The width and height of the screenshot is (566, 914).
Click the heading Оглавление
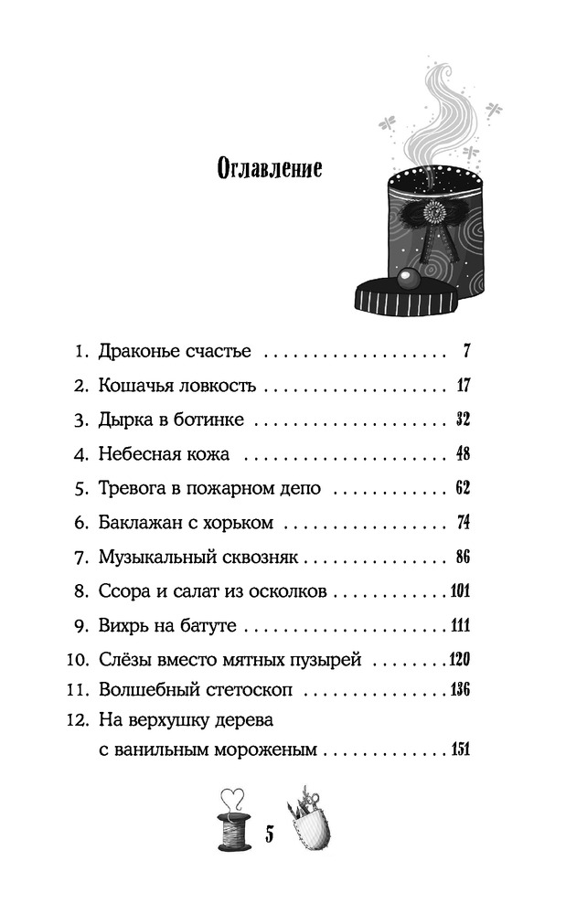pos(270,168)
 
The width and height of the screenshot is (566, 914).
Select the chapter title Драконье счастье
pos(175,351)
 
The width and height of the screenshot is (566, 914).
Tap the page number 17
pos(464,386)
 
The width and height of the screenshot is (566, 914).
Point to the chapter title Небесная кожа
pos(164,454)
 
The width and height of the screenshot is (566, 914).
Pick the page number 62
pos(463,488)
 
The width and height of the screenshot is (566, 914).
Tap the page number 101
pos(461,591)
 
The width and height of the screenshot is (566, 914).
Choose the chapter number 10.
pos(77,660)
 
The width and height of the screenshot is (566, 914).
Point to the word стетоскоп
pos(252,690)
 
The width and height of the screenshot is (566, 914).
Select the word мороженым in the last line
pos(266,749)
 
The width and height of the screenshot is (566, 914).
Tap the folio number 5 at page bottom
pos(270,834)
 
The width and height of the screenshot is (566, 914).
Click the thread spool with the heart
pos(234,821)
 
